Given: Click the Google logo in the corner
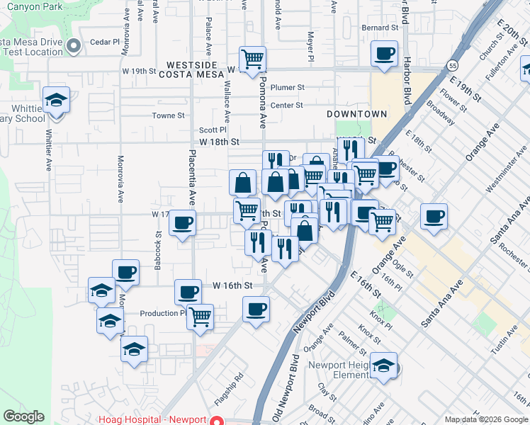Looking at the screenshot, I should pos(24,416).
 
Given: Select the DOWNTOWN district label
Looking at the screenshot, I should pos(357,114).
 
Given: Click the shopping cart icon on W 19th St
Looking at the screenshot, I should pos(252,59).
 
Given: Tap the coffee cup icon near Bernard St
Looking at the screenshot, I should pos(385,55).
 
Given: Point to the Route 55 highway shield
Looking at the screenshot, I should pos(452,65).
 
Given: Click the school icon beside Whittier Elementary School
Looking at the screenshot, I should pos(55,100).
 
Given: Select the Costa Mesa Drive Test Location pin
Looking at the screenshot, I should pos(74,47).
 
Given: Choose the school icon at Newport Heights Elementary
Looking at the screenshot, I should pos(383,365).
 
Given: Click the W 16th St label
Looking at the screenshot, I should pos(232,285).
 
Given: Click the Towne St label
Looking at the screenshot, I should pos(169,115).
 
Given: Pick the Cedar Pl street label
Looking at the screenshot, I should pos(105,42).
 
